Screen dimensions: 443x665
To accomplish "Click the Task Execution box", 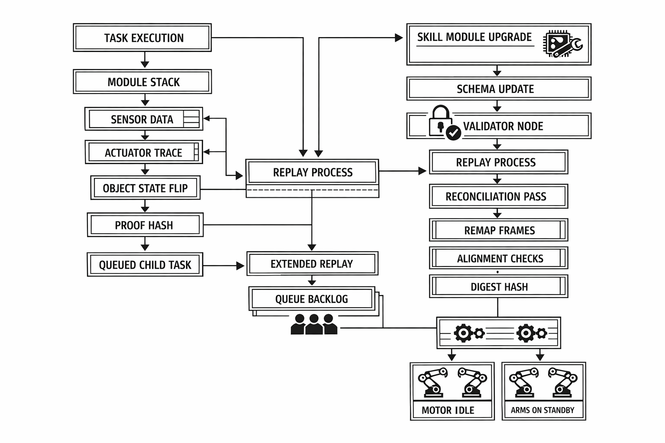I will coord(142,38).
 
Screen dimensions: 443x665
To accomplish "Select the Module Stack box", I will coord(142,82).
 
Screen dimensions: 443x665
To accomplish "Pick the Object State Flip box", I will coord(145,188).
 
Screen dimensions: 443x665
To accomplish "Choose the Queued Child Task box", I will coord(145,264).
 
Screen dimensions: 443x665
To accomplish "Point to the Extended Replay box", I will coord(312,263).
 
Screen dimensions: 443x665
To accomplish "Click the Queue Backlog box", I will coord(312,299).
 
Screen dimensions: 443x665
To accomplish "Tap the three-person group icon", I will coord(314,324).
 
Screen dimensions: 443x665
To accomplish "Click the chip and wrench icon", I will coord(562,44).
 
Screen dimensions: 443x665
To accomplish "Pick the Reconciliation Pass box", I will coord(498,196).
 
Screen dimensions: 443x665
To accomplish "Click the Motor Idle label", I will coord(448,410).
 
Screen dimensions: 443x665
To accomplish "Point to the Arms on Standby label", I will coord(543,410).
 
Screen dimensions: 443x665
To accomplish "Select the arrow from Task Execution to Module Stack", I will coord(145,60).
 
